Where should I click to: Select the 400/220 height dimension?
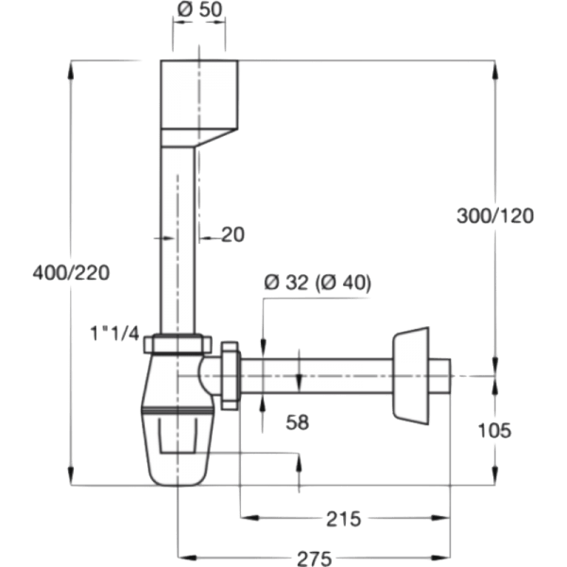coord(72,273)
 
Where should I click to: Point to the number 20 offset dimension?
coord(232,235)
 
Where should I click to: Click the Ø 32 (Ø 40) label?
coord(318,283)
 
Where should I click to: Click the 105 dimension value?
coord(494,430)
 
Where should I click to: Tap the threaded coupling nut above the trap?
coord(180,345)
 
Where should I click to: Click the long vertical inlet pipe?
coord(176,246)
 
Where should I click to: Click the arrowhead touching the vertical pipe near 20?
coord(200,235)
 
